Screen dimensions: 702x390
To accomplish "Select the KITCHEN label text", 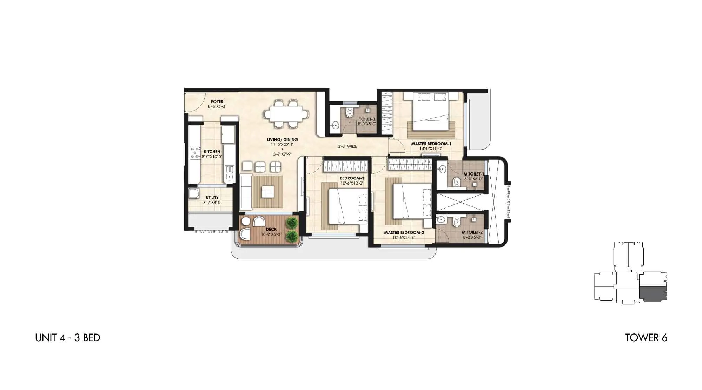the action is tap(212, 152).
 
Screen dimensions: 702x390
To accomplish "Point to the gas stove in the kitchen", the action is tap(194, 153).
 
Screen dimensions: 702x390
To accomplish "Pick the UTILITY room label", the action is tap(212, 198).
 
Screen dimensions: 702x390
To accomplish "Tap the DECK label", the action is tap(271, 230).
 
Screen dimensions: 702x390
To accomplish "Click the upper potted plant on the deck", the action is tap(291, 223).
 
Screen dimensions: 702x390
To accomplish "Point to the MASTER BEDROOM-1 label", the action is tap(431, 144).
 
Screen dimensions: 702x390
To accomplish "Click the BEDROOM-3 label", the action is tap(352, 178).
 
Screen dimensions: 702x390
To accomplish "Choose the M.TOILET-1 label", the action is tap(473, 174).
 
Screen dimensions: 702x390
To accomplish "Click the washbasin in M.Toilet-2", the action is tap(441, 220).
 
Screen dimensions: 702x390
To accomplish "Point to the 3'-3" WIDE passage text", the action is tap(347, 146).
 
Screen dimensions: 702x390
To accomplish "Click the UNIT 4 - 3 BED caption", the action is tap(68, 338).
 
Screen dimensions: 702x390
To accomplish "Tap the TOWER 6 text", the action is tap(646, 338).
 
